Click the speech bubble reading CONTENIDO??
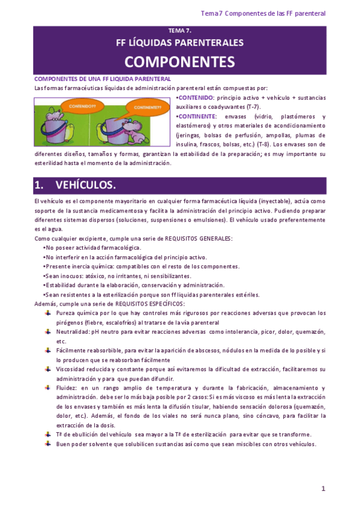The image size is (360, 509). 67,106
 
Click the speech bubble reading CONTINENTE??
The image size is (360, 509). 147,107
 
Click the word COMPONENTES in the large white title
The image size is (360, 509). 180,61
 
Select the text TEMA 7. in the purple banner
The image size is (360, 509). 180,30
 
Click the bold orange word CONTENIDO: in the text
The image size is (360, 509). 196,97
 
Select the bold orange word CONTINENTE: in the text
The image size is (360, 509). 199,116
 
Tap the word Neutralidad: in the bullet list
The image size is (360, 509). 73,331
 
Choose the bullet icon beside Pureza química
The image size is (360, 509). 49,313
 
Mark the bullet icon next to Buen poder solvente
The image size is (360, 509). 49,444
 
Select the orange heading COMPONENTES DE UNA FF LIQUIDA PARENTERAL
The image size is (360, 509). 103,79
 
